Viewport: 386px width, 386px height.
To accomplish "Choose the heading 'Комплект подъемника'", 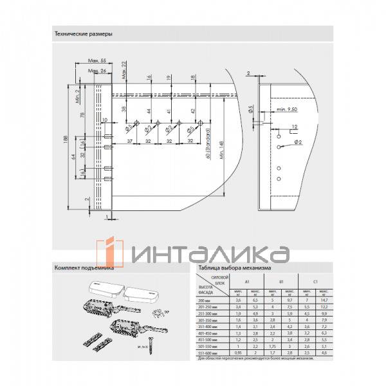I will point(84,268).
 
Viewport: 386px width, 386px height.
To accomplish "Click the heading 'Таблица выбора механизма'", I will point(235,268).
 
